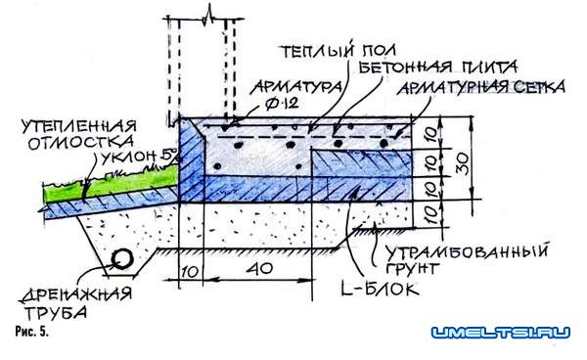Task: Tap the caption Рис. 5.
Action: (26, 334)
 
